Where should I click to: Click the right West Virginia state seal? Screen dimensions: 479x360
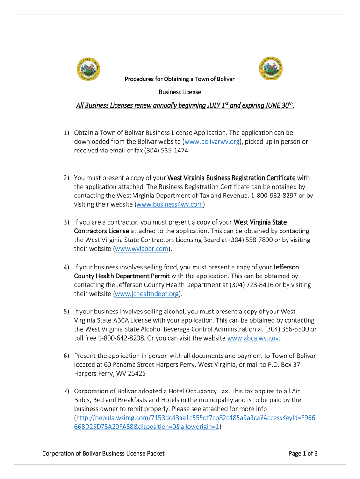click(x=270, y=70)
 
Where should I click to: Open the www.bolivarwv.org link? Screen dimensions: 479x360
click(x=212, y=141)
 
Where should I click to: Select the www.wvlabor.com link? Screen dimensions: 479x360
click(x=142, y=249)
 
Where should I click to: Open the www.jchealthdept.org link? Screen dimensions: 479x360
click(x=147, y=293)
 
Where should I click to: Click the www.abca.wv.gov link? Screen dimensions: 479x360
click(x=252, y=338)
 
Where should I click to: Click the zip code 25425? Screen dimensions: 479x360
click(x=149, y=374)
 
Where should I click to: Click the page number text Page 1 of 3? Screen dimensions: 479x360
click(x=303, y=453)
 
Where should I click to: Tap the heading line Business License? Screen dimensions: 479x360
click(x=180, y=92)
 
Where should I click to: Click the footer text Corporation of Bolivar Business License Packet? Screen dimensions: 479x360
click(x=103, y=453)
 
